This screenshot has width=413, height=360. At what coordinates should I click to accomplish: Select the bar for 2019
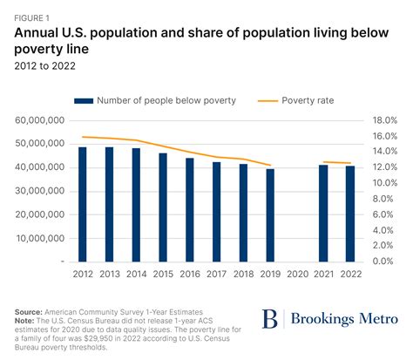tap(271, 214)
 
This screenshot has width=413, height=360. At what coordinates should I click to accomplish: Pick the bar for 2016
tap(191, 209)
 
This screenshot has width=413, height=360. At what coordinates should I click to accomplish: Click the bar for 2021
tap(324, 213)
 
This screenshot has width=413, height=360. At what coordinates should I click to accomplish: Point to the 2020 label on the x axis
tap(297, 274)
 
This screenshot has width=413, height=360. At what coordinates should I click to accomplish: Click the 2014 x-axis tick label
tap(137, 274)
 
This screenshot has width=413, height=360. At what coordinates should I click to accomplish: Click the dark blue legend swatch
tap(83, 100)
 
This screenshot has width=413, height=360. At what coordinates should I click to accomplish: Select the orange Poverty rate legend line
tap(267, 100)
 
